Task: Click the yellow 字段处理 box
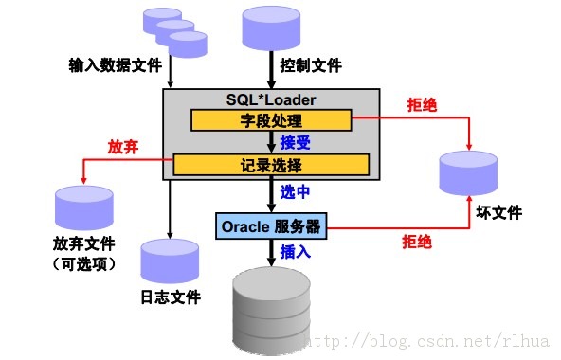(x=271, y=120)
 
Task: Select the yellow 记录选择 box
(x=271, y=166)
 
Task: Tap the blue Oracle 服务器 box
(x=271, y=226)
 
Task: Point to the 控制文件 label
(x=311, y=66)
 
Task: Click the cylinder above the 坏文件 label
(x=470, y=172)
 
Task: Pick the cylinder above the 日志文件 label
(x=171, y=261)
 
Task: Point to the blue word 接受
(x=296, y=143)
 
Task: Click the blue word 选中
(x=296, y=192)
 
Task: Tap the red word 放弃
(x=124, y=148)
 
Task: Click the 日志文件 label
(x=171, y=297)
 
